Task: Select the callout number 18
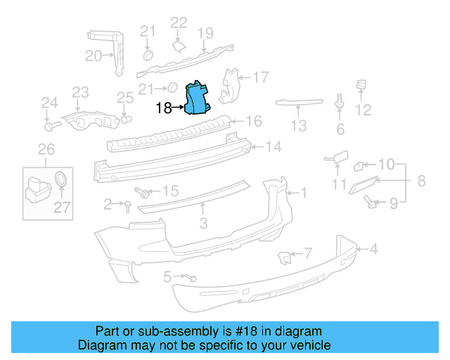(163, 108)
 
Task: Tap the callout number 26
(46, 148)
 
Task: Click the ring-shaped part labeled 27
(62, 179)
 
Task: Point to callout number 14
(274, 147)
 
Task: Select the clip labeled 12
(363, 86)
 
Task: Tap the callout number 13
(300, 126)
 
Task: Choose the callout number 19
(205, 32)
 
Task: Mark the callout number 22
(179, 23)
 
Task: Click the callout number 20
(94, 57)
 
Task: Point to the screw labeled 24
(50, 127)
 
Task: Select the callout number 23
(81, 92)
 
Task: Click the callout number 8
(421, 181)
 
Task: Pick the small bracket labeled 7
(286, 257)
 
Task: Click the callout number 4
(375, 248)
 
